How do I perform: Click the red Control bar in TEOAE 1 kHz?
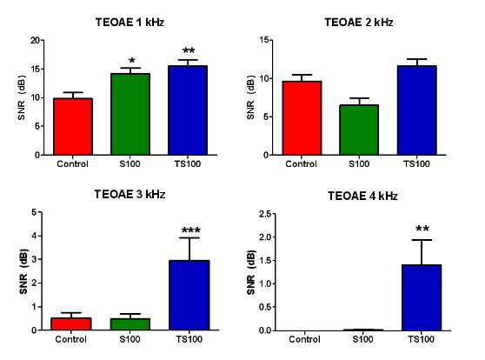pos(73,126)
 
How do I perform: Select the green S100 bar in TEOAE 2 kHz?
pos(359,130)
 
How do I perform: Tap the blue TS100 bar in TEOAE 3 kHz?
pos(189,295)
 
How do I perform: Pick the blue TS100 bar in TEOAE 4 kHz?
pos(422,297)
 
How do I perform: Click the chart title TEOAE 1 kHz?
pos(130,23)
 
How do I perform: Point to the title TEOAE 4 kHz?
pos(362,196)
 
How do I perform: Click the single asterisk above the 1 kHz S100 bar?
pos(131,60)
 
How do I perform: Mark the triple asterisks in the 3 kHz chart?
pos(191,230)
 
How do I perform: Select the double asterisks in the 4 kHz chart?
pos(422,229)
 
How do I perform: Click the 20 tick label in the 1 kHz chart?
pos(36,40)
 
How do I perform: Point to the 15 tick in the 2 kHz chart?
pos(264,40)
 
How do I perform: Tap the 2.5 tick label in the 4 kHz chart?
pos(265,214)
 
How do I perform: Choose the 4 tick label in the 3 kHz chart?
pos(34,236)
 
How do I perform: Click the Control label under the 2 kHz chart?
pos(301,163)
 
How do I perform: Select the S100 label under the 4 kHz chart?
pos(362,339)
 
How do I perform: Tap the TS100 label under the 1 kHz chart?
pos(188,163)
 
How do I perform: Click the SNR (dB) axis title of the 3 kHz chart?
pos(23,271)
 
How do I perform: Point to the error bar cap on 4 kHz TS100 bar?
pos(422,240)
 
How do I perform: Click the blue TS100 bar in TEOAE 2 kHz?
pos(416,110)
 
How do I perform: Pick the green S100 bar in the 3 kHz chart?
pos(130,324)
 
